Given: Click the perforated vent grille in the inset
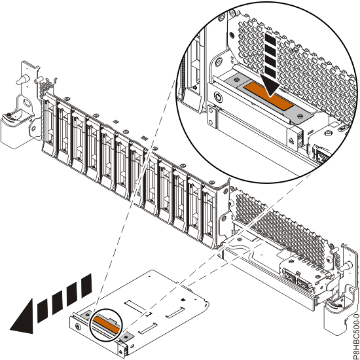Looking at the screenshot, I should click(x=308, y=52).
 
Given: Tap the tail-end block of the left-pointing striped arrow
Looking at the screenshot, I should click(x=84, y=286).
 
